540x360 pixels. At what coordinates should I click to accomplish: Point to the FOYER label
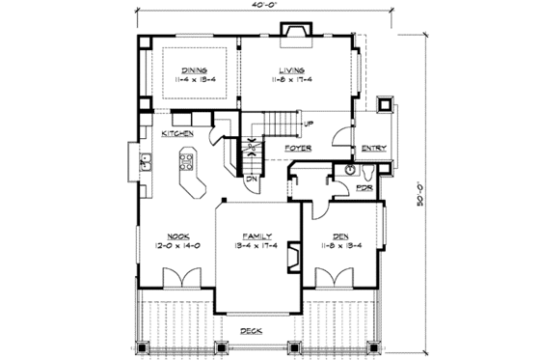tap(298, 148)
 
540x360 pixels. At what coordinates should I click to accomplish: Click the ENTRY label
tap(373, 148)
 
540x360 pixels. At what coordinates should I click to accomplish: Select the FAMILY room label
tap(256, 235)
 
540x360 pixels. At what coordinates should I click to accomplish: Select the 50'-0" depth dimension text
tap(425, 182)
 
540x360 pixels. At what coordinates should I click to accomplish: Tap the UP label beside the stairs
tap(308, 125)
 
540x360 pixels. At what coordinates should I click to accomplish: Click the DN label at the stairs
tap(249, 178)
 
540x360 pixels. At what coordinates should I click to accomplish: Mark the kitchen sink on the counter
tap(147, 163)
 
